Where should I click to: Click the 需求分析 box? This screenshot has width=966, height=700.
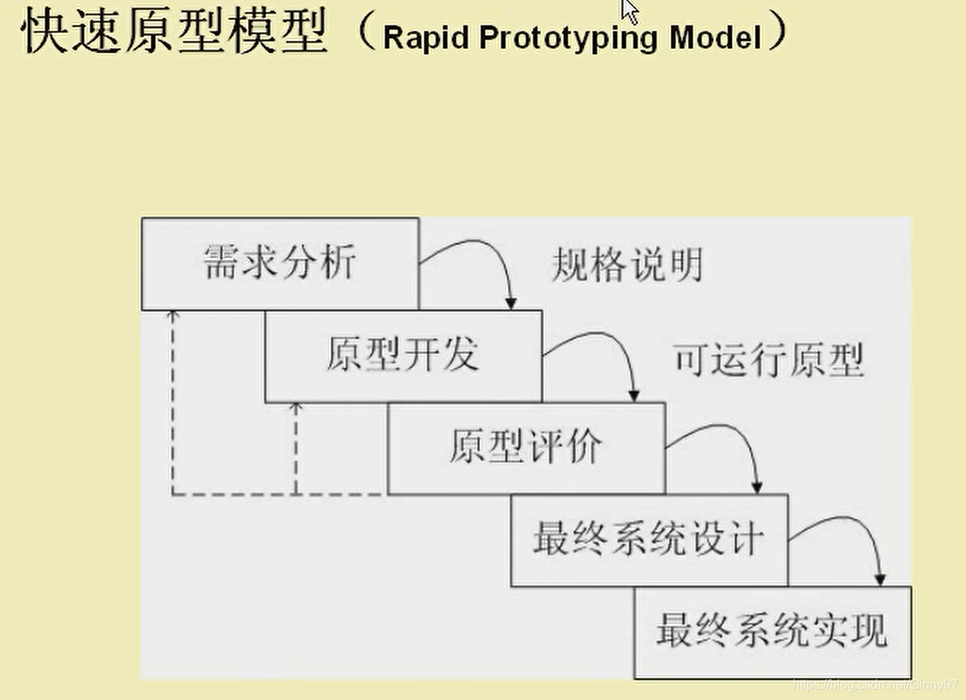280,264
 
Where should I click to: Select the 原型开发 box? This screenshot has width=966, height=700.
403,356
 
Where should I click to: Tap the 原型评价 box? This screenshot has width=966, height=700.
526,448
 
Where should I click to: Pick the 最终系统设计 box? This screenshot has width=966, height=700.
649,540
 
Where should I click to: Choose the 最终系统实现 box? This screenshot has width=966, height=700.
772,631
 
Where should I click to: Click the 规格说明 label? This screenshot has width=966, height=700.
627,265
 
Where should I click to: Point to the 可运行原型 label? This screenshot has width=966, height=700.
768,360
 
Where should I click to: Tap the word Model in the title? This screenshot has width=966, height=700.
715,38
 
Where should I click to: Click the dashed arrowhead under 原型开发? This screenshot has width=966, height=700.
295,408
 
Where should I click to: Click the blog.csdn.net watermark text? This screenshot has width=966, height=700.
876,684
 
